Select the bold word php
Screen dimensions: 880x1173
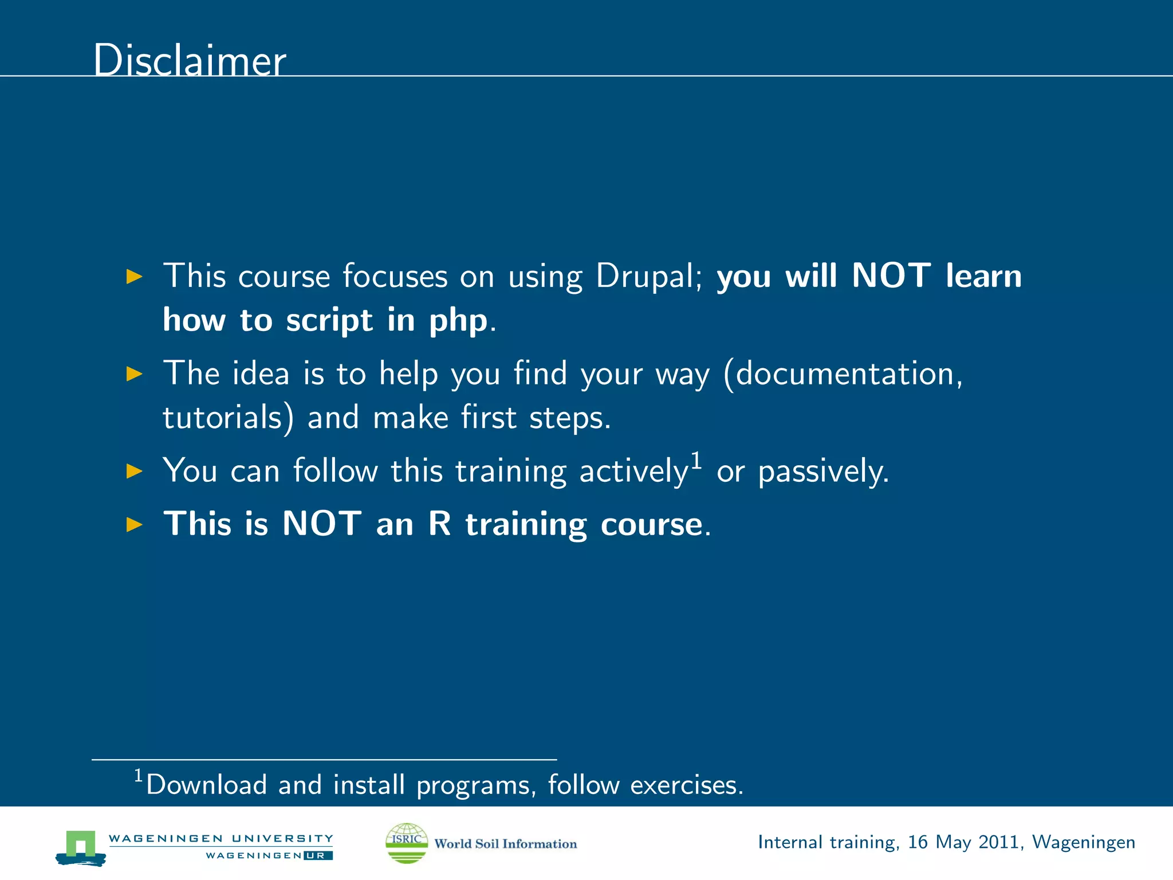(458, 321)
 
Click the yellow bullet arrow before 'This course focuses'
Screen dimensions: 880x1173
(134, 277)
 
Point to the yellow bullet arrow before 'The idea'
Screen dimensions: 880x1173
(134, 374)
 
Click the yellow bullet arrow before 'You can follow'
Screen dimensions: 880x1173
(134, 472)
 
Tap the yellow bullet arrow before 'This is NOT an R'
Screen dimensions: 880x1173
(134, 524)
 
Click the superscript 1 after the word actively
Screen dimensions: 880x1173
(696, 460)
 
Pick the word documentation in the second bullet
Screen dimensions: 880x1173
(848, 374)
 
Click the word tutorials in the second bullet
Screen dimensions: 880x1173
(227, 418)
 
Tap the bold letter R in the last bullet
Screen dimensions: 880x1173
(440, 524)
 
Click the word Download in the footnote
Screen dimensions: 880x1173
(206, 785)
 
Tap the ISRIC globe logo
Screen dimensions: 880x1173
(407, 843)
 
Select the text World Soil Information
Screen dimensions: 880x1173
(505, 844)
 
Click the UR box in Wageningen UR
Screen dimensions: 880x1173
(318, 856)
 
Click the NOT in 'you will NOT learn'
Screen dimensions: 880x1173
(891, 276)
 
